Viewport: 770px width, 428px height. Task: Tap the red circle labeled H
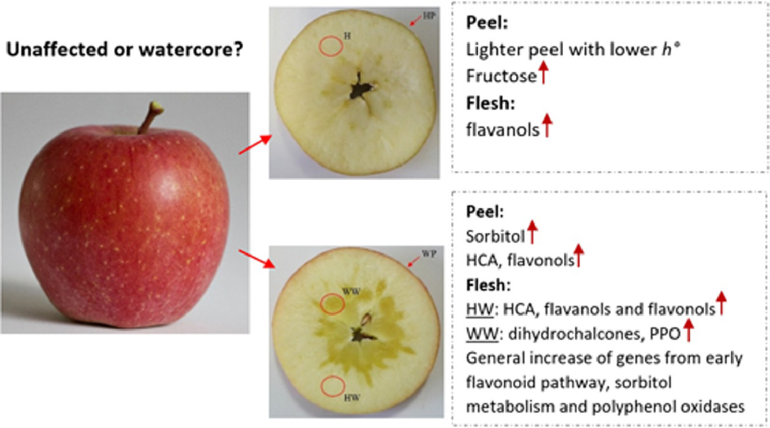click(319, 46)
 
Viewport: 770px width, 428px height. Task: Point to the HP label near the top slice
click(429, 16)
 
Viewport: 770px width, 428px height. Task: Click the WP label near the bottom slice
click(429, 254)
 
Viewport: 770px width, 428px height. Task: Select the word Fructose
click(501, 76)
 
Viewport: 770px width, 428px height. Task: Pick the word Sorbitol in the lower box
click(496, 236)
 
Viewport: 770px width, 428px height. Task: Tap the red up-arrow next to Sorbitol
click(532, 232)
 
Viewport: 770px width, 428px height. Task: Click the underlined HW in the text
click(479, 310)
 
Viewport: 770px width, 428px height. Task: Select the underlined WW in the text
click(482, 334)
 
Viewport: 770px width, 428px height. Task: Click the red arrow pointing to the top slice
click(255, 145)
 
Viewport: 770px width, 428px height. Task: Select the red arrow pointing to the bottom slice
click(257, 259)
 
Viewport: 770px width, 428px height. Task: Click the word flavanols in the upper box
click(503, 130)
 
